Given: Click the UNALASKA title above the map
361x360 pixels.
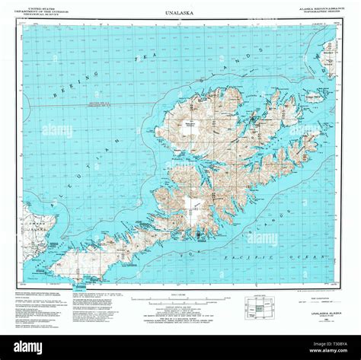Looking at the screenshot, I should (x=180, y=14).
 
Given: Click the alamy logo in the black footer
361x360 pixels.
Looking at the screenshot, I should (x=27, y=346).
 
